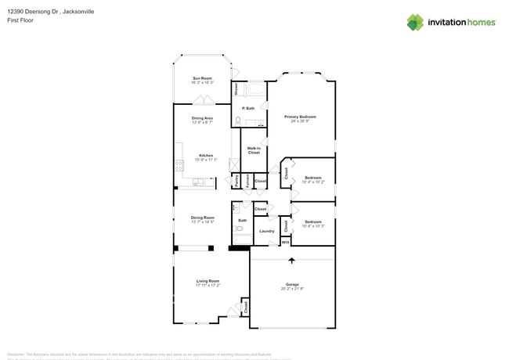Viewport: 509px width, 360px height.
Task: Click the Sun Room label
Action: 202,78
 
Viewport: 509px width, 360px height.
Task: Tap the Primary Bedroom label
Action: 301,117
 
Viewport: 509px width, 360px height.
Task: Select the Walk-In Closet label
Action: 254,150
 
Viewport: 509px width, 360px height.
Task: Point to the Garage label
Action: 291,284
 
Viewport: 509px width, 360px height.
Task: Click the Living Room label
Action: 208,281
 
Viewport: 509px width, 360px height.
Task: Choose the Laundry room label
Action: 266,231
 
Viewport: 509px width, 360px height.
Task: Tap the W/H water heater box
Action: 286,243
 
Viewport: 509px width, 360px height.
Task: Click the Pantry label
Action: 236,182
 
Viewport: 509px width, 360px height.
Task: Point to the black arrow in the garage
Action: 291,261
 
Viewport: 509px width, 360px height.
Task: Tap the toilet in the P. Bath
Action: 237,121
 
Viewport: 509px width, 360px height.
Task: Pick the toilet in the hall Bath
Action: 236,230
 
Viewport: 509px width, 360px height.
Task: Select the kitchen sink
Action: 198,182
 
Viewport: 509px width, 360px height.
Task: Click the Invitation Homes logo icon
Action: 414,22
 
